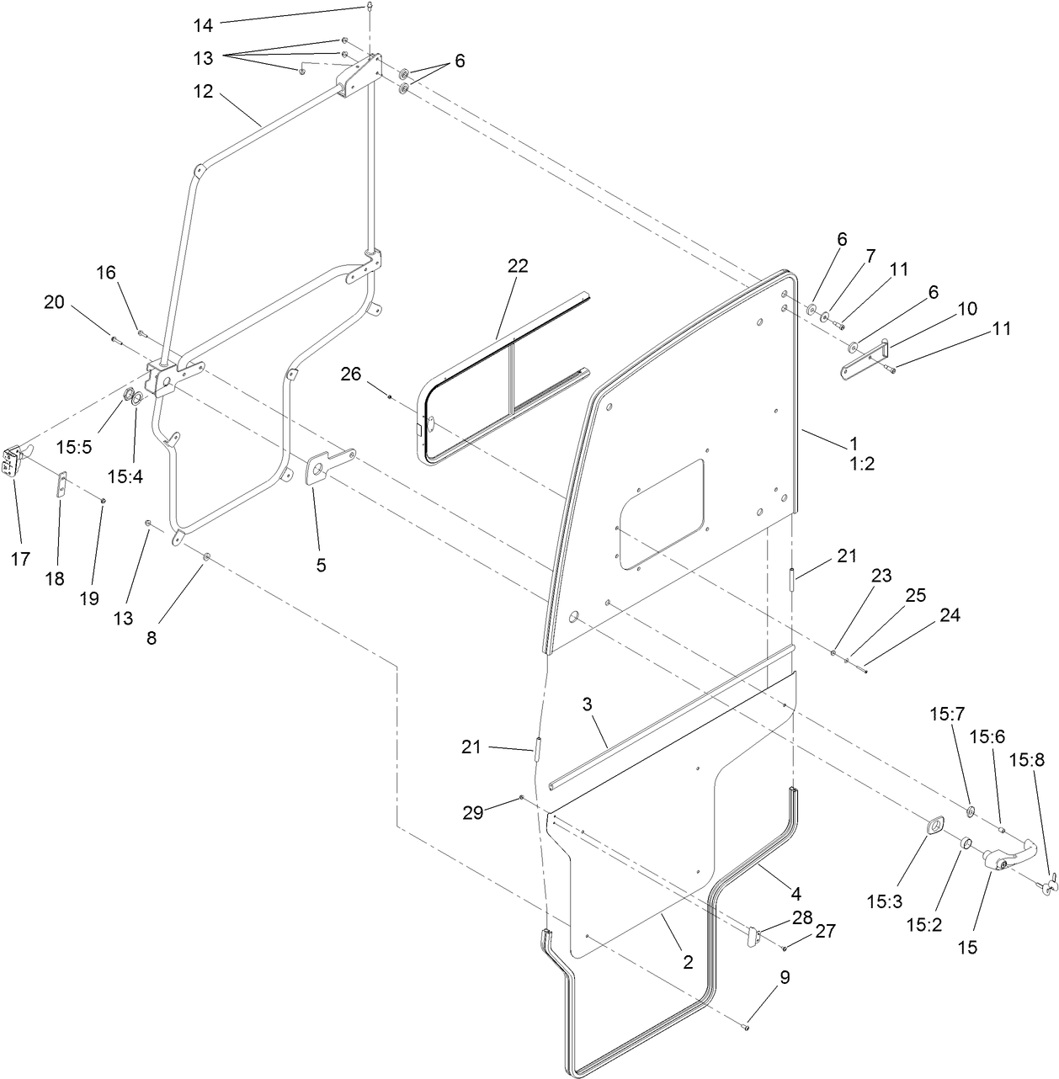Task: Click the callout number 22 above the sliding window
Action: point(518,266)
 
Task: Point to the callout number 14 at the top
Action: point(203,25)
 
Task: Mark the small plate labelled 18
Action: point(61,485)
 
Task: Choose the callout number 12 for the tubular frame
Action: point(203,91)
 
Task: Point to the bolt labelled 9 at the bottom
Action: point(745,1025)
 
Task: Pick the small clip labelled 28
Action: point(753,936)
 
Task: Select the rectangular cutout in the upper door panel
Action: point(662,512)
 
